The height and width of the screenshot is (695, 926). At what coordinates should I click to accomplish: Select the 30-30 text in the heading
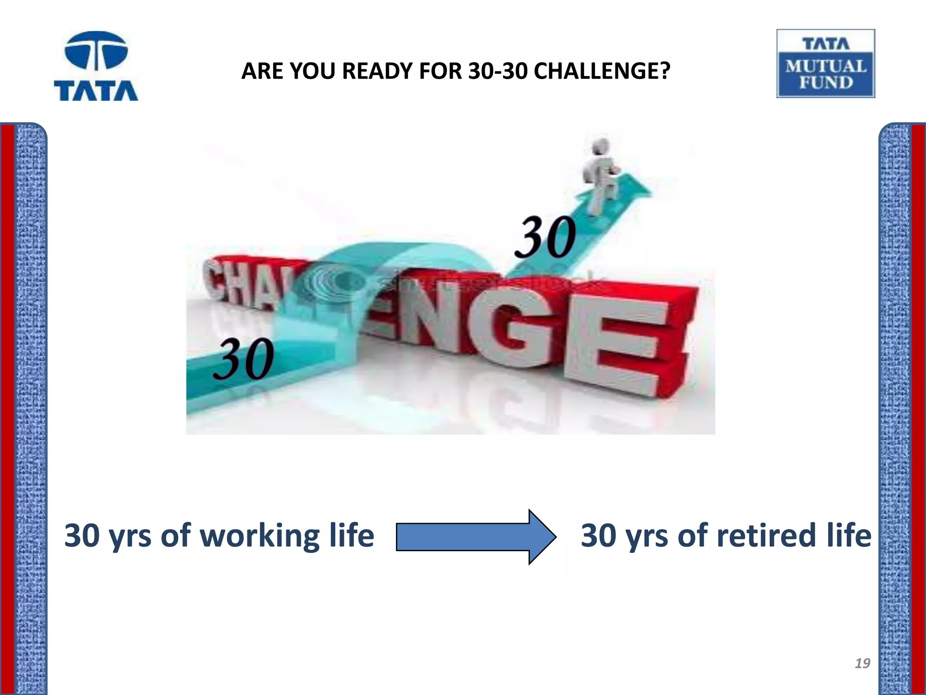(x=498, y=71)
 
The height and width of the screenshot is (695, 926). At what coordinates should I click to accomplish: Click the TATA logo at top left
(x=96, y=66)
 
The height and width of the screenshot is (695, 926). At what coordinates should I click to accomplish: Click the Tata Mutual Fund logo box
(x=826, y=63)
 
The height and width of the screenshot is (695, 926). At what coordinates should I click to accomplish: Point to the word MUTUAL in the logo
(x=826, y=67)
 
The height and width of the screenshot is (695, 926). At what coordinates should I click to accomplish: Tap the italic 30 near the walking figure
(x=546, y=237)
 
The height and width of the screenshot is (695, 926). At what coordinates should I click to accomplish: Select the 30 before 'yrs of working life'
(x=82, y=536)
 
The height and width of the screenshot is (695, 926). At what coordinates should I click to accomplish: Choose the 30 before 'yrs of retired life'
(x=598, y=536)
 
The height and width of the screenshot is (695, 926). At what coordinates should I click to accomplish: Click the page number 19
(x=862, y=663)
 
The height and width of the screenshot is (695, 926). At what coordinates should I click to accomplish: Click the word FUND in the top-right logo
(x=826, y=83)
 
